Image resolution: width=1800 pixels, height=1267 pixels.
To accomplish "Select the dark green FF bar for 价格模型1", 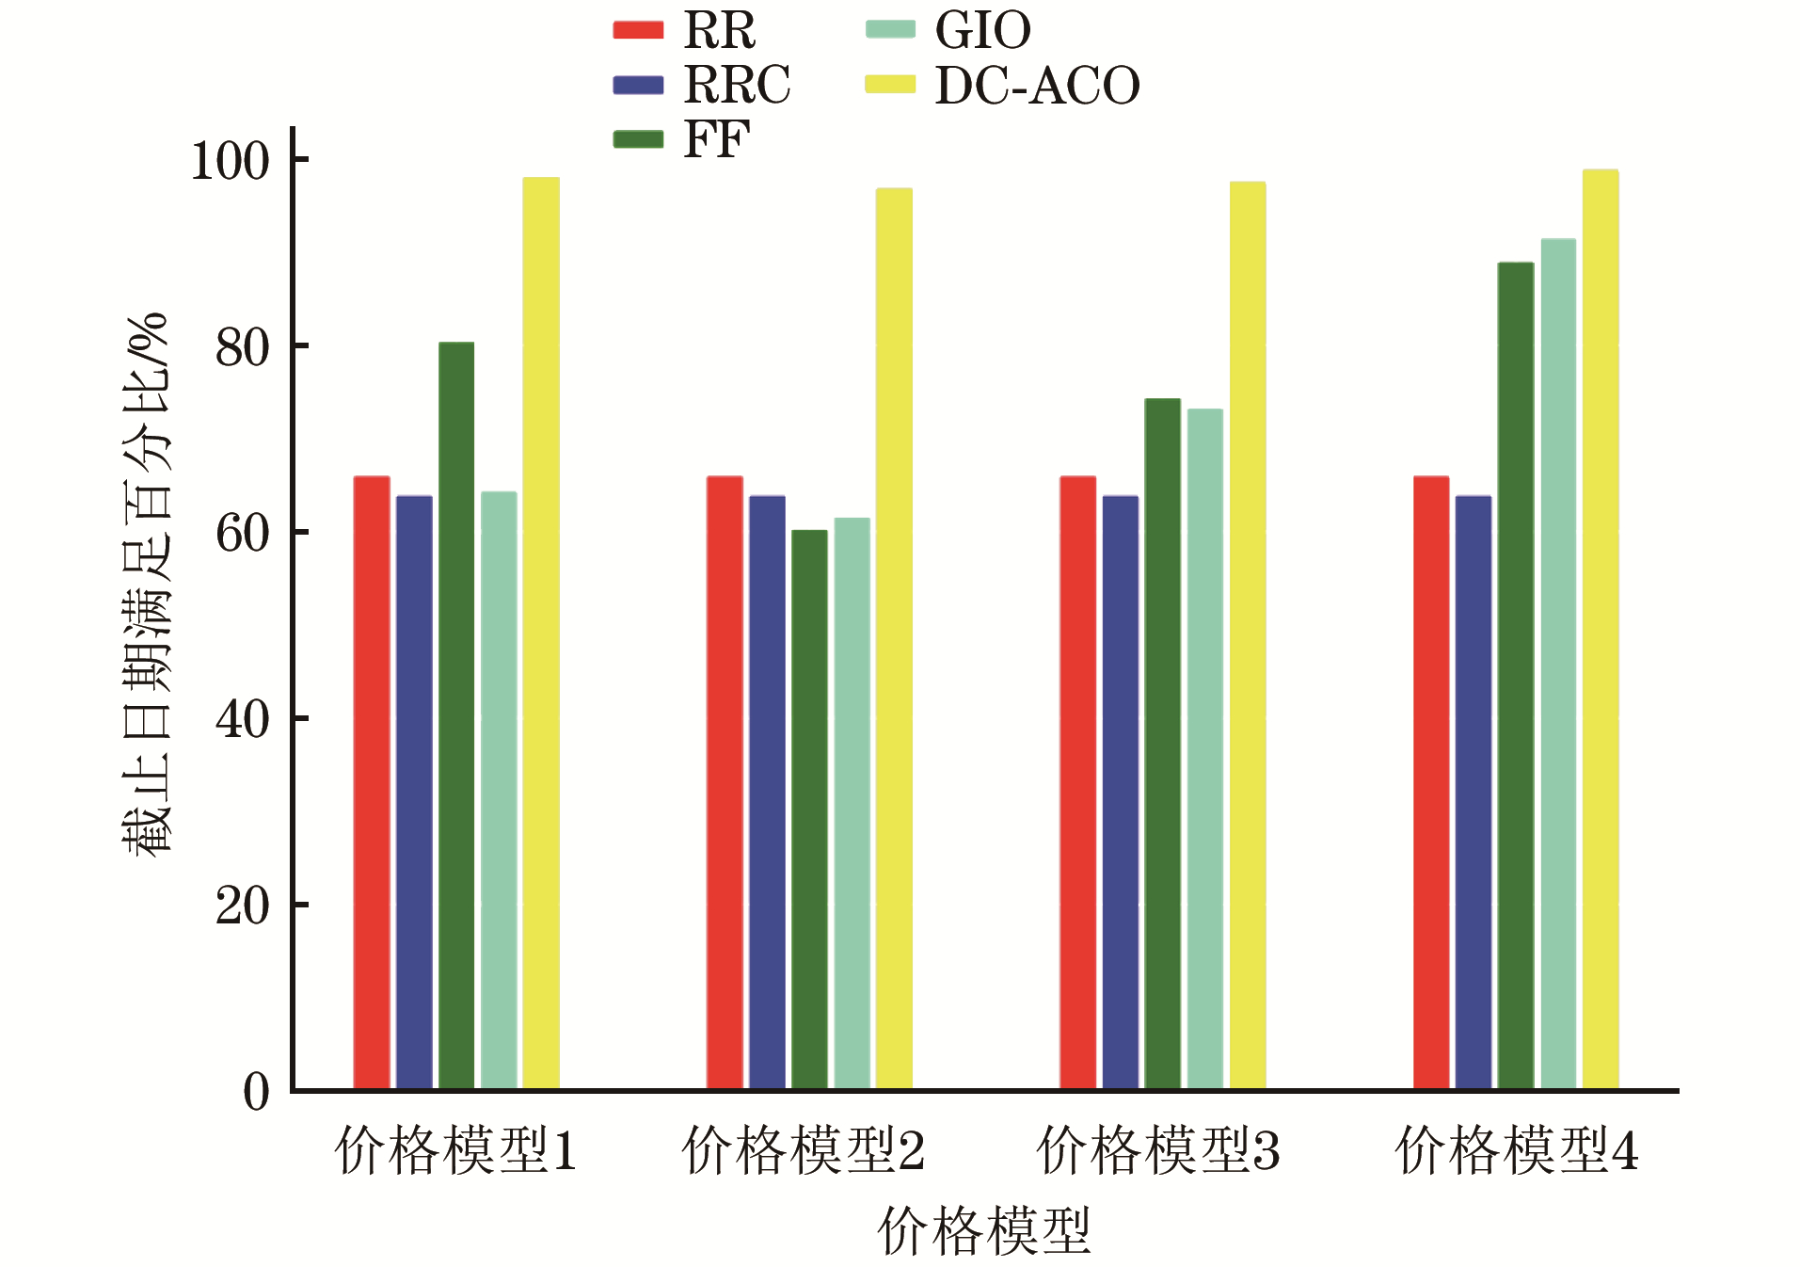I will tap(456, 715).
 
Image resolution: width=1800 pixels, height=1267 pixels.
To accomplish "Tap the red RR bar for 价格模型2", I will tap(725, 782).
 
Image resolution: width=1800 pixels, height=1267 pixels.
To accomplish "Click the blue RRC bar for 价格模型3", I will tap(1120, 792).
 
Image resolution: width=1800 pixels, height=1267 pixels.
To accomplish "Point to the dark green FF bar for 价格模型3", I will tap(1162, 744).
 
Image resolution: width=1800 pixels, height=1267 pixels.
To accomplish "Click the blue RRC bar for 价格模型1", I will tap(414, 792).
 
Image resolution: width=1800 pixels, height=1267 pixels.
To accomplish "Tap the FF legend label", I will tap(716, 140).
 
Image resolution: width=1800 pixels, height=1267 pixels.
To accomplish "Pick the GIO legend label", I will tap(982, 30).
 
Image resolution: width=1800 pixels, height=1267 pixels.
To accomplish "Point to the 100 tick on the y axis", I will tap(230, 161).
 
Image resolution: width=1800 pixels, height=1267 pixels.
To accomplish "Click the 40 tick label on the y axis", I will tap(243, 720).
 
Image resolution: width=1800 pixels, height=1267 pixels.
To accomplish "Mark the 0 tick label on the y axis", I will tap(256, 1092).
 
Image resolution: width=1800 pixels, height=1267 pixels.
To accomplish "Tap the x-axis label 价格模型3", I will tap(1158, 1150).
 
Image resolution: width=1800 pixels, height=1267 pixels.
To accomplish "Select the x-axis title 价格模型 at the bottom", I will tap(984, 1230).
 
